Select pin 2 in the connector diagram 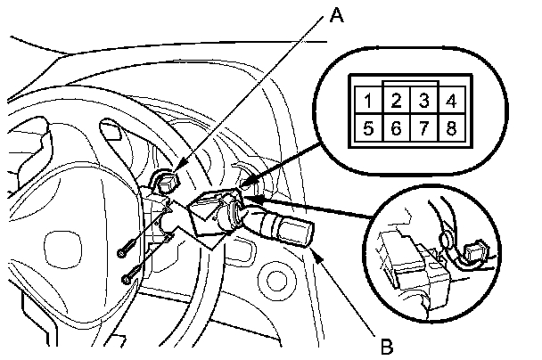click(x=397, y=100)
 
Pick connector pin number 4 click(x=452, y=100)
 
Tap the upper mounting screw click(x=122, y=253)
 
